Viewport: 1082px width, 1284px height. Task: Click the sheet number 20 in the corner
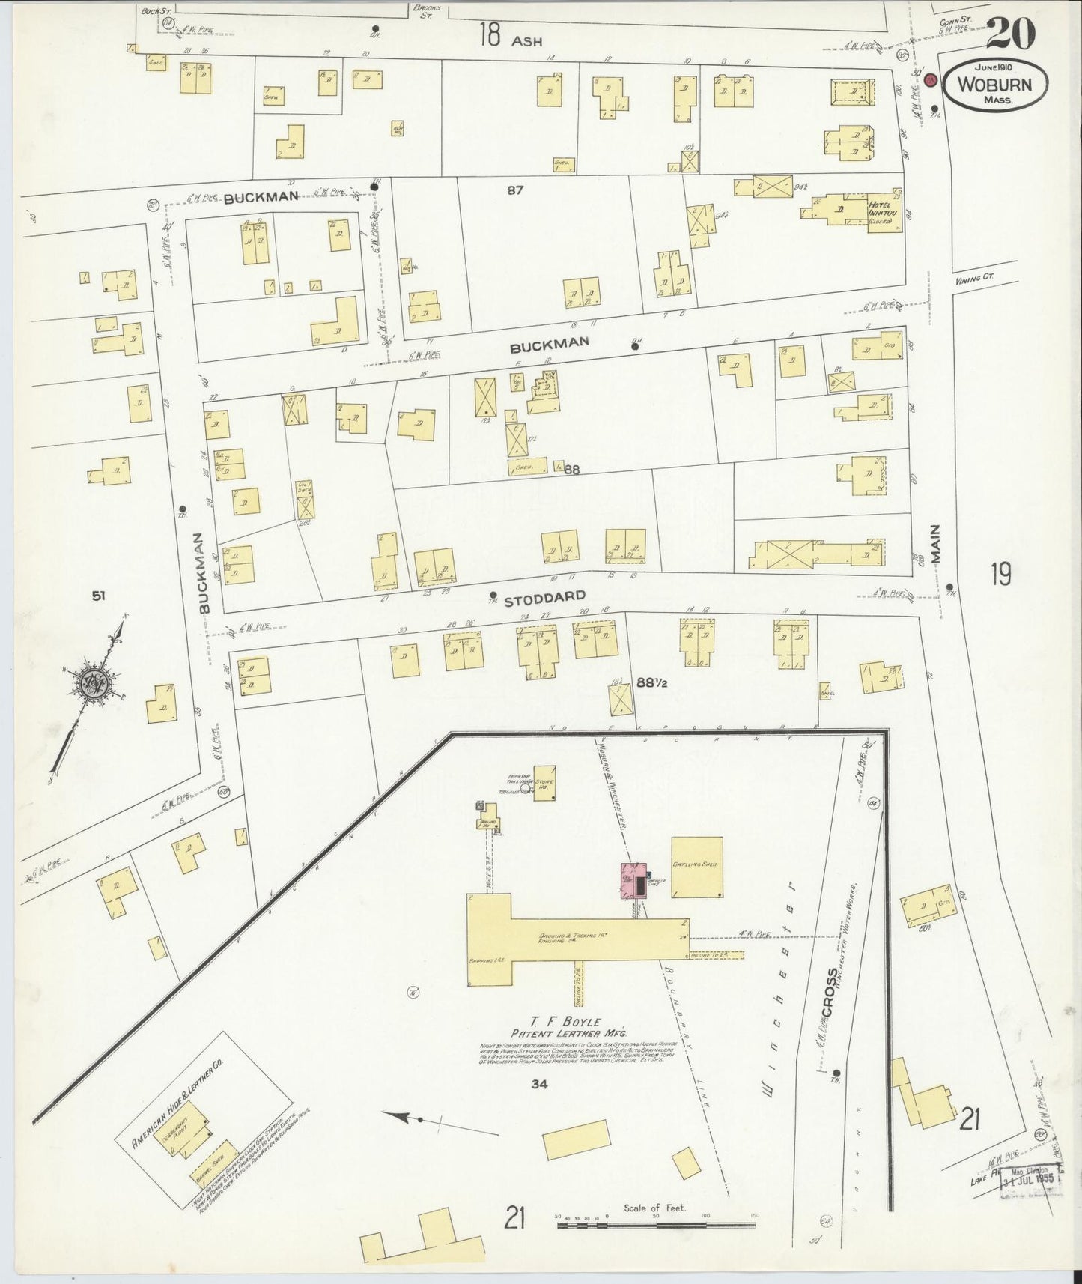click(x=1011, y=34)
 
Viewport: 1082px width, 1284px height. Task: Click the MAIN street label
click(x=936, y=543)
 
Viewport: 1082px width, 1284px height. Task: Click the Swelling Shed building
click(x=696, y=867)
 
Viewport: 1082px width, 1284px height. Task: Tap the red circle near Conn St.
click(x=931, y=80)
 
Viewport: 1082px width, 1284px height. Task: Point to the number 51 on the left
click(x=98, y=596)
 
